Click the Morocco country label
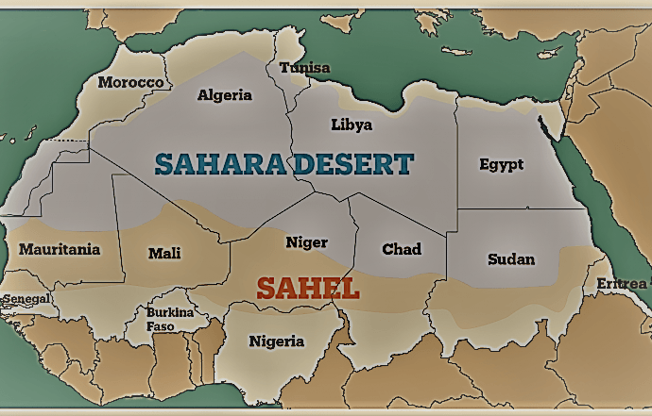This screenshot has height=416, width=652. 131,82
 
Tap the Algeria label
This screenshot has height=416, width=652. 225,94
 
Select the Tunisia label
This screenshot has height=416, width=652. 304,68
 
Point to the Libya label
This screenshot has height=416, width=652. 352,124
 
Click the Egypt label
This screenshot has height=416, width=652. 501,164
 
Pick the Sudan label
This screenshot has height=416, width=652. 510,258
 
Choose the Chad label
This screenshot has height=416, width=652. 402,249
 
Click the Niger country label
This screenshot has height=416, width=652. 306,242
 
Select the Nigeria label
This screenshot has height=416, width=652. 277,341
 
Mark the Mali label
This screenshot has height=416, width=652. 164,253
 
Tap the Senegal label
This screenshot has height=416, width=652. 26,299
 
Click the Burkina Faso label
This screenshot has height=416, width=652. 170,319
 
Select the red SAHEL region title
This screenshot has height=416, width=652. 308,289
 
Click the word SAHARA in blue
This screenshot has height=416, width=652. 218,164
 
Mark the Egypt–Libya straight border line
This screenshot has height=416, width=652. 457,151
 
